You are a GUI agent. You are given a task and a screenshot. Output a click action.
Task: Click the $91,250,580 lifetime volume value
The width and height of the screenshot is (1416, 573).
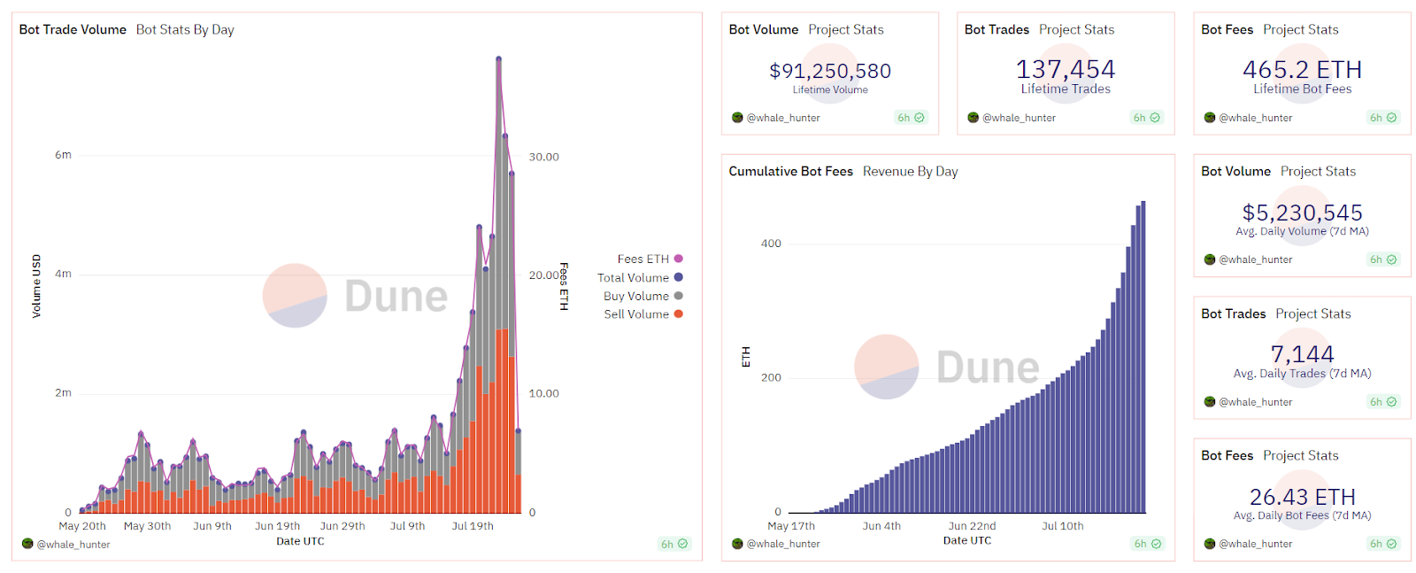tap(830, 71)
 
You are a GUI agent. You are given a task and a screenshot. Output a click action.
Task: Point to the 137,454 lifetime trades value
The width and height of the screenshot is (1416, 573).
tap(1066, 69)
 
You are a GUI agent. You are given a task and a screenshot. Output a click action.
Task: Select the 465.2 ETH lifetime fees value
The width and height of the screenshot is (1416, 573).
tap(1302, 69)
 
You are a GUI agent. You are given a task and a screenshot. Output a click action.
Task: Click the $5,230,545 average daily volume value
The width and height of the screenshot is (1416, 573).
tap(1302, 213)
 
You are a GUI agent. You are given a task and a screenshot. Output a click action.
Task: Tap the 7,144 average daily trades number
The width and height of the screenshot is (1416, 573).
tap(1302, 354)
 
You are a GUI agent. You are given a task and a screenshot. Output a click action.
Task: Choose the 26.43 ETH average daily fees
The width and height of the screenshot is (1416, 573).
tap(1302, 497)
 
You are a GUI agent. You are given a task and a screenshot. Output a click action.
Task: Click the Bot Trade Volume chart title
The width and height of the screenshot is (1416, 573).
tap(73, 29)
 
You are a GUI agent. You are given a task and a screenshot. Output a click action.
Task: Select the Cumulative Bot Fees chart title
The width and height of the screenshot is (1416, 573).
tap(790, 171)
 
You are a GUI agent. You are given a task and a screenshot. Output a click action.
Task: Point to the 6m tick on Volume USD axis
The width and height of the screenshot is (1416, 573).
tap(63, 155)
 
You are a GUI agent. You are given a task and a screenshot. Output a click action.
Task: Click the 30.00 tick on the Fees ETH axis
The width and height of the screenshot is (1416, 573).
tap(543, 157)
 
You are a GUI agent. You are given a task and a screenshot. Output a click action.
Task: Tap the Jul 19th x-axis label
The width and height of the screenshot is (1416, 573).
tap(473, 526)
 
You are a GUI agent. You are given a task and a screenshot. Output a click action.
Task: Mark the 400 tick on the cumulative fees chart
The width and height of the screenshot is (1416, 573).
tap(771, 244)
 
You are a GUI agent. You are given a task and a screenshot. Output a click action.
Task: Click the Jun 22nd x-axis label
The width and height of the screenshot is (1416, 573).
tap(972, 526)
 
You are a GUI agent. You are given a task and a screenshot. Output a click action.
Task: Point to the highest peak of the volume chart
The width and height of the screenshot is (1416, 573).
tap(498, 59)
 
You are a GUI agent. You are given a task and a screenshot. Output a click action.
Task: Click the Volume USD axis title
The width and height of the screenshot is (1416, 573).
tap(36, 286)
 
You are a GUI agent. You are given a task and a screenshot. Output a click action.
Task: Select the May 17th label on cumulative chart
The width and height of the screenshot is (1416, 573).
tap(791, 526)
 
